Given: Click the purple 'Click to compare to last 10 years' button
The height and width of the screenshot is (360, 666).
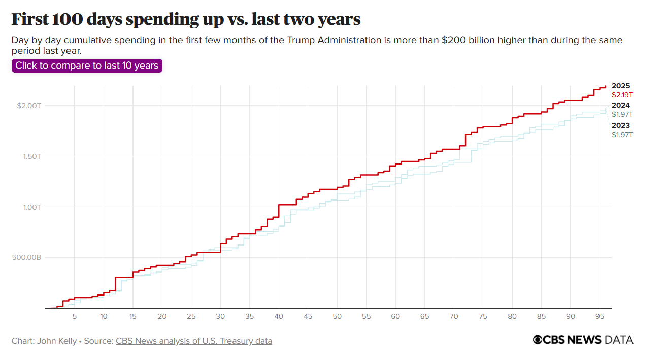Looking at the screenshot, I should tap(87, 66).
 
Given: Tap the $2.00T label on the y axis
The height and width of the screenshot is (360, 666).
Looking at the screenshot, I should tap(29, 106).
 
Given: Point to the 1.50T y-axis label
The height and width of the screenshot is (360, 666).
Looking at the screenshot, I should tap(32, 156).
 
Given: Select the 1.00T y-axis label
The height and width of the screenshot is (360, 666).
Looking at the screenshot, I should tap(32, 207).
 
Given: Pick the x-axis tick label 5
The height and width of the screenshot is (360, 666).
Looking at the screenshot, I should tap(75, 317).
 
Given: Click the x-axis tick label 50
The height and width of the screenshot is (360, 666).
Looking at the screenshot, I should tap(337, 317).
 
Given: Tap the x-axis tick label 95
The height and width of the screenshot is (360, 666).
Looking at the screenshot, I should tap(600, 317).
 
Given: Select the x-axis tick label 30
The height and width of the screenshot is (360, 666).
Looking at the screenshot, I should tap(220, 317).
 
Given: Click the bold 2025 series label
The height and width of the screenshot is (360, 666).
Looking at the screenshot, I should tap(621, 86).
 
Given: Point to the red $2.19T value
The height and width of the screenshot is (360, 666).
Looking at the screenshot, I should tap(622, 95).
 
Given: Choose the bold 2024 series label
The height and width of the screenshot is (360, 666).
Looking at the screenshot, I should tap(621, 106).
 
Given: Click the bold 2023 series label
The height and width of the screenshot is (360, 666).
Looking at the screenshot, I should tap(621, 126).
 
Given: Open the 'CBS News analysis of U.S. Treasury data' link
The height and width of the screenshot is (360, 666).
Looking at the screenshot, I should tap(194, 341).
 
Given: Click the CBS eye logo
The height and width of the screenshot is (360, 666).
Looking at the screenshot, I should tap(538, 340).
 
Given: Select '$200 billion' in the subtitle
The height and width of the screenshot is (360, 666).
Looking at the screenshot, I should tap(469, 40).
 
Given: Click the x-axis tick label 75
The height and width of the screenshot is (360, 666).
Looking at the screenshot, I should tap(483, 317).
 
